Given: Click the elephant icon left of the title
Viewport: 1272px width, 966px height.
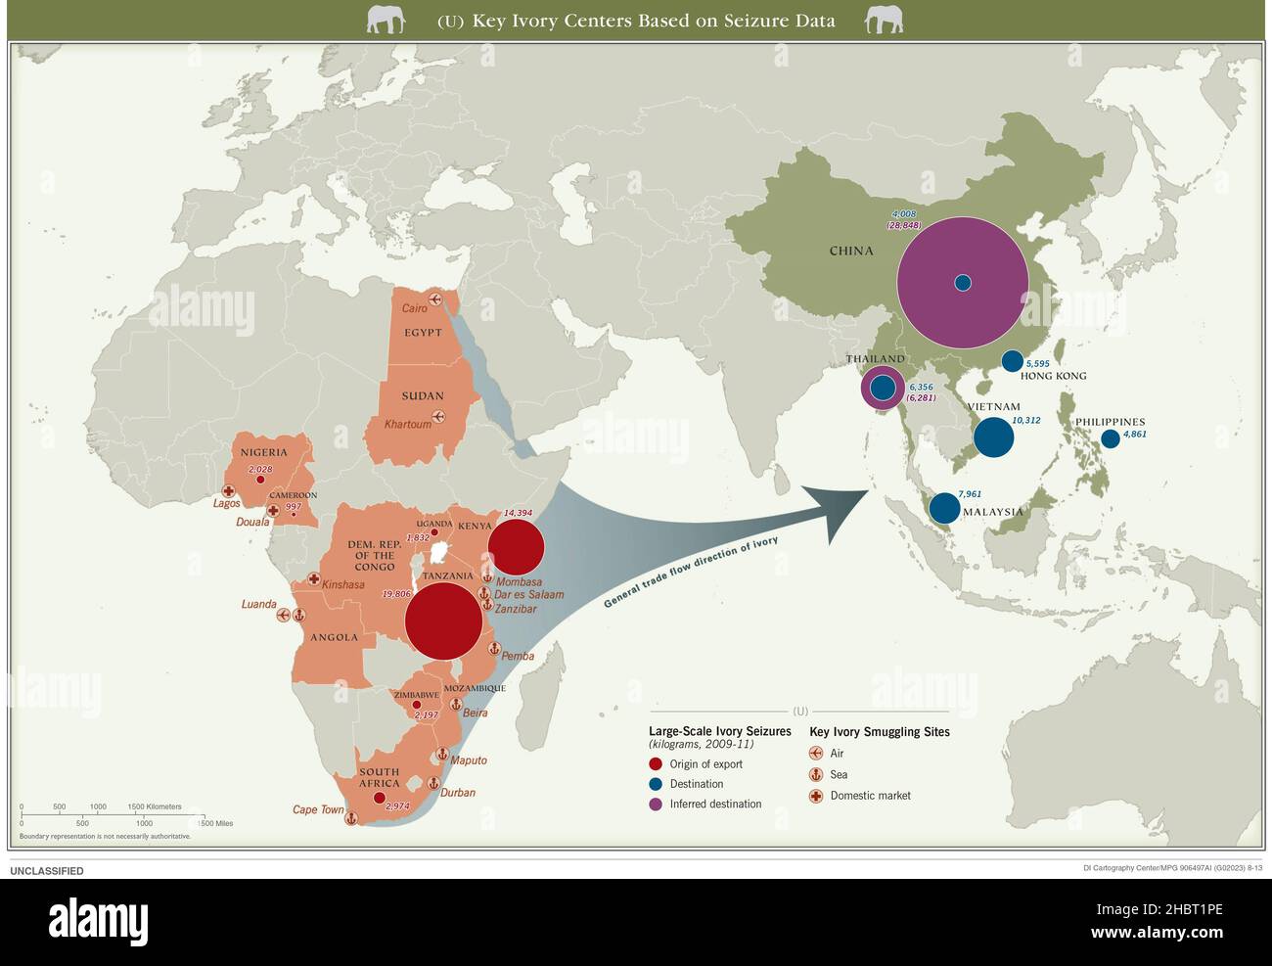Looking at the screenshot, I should [386, 20].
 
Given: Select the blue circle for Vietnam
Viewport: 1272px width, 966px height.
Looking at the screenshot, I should [993, 437].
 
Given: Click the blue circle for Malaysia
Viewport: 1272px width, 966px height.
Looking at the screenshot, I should [944, 508].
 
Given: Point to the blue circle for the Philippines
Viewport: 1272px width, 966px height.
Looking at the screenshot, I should [1111, 438].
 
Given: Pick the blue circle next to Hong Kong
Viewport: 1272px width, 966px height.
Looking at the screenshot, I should [1012, 360].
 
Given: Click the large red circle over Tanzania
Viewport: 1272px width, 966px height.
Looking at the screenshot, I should [443, 621].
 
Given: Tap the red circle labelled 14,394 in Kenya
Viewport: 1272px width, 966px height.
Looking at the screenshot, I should [516, 547].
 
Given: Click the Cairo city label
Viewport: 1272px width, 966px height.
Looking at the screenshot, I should [414, 308].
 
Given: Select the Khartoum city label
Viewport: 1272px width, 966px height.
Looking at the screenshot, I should [407, 424].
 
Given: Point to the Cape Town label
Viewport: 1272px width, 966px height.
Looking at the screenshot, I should [318, 809].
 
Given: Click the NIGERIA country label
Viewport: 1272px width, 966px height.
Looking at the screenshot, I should [264, 452].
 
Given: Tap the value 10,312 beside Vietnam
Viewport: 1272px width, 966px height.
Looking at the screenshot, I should [1025, 420].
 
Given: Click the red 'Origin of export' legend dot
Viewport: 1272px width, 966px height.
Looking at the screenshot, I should [656, 764].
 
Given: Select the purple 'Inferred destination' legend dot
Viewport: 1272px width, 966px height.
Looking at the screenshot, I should [656, 805].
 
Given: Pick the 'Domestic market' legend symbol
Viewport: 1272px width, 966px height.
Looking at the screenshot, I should [815, 796].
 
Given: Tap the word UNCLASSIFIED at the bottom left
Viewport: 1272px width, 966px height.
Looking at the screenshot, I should [47, 871].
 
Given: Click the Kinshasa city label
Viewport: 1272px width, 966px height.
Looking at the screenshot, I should [342, 584].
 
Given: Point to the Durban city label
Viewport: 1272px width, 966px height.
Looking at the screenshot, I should [457, 792].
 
